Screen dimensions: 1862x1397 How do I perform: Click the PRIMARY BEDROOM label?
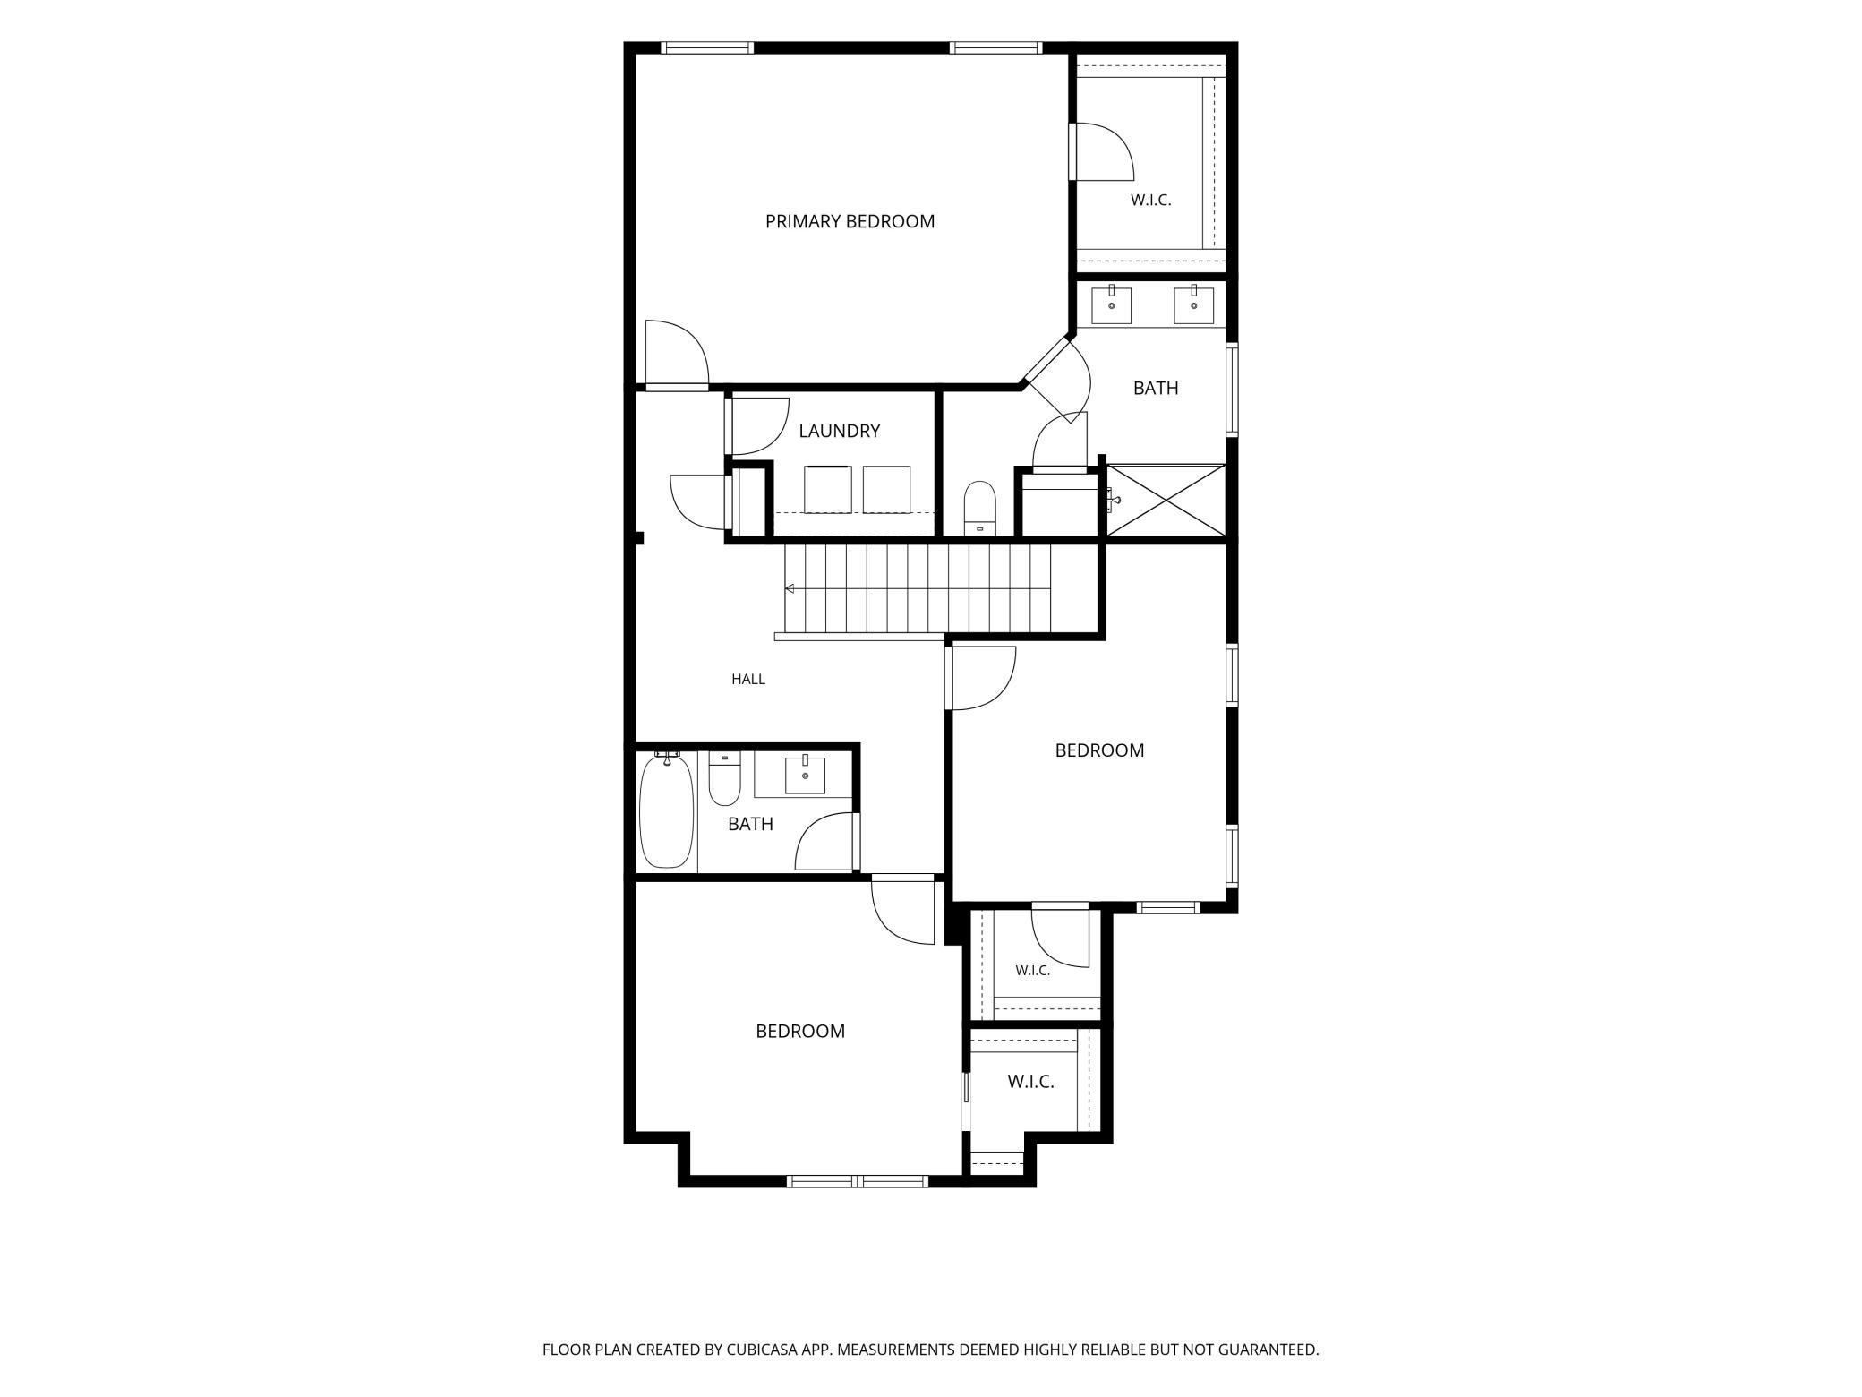(x=850, y=221)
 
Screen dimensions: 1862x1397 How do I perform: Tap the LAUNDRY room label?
(x=839, y=431)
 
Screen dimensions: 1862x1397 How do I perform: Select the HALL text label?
(x=748, y=679)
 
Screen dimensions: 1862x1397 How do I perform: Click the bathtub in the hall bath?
(x=667, y=810)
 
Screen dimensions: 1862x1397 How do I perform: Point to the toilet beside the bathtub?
(x=725, y=778)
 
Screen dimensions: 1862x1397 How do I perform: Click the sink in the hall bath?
(x=805, y=776)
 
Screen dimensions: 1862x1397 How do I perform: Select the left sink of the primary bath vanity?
(x=1111, y=304)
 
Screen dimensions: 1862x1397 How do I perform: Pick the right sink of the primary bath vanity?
(x=1193, y=304)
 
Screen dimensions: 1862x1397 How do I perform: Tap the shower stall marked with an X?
(x=1166, y=500)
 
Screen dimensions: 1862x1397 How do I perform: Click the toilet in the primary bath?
(x=980, y=509)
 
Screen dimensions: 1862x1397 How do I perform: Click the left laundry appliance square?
(x=829, y=489)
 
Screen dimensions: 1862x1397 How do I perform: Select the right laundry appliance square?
(x=886, y=489)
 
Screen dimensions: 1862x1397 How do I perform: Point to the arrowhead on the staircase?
(x=790, y=588)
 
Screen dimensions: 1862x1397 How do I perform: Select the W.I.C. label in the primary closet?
(x=1150, y=201)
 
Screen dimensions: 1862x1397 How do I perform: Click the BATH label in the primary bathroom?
(x=1156, y=388)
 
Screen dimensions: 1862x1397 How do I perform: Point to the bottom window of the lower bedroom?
(x=858, y=1181)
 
